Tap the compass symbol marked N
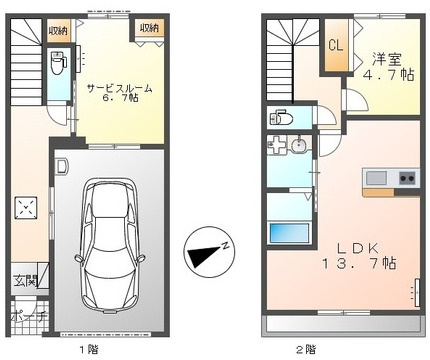pyautogui.click(x=209, y=253)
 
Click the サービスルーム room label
pyautogui.click(x=119, y=88)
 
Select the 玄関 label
pyautogui.click(x=24, y=282)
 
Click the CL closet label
pyautogui.click(x=336, y=46)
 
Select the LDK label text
pyautogui.click(x=355, y=247)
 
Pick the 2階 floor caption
pyautogui.click(x=304, y=349)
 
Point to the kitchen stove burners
pyautogui.click(x=407, y=178)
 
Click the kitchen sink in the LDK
pyautogui.click(x=377, y=178)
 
